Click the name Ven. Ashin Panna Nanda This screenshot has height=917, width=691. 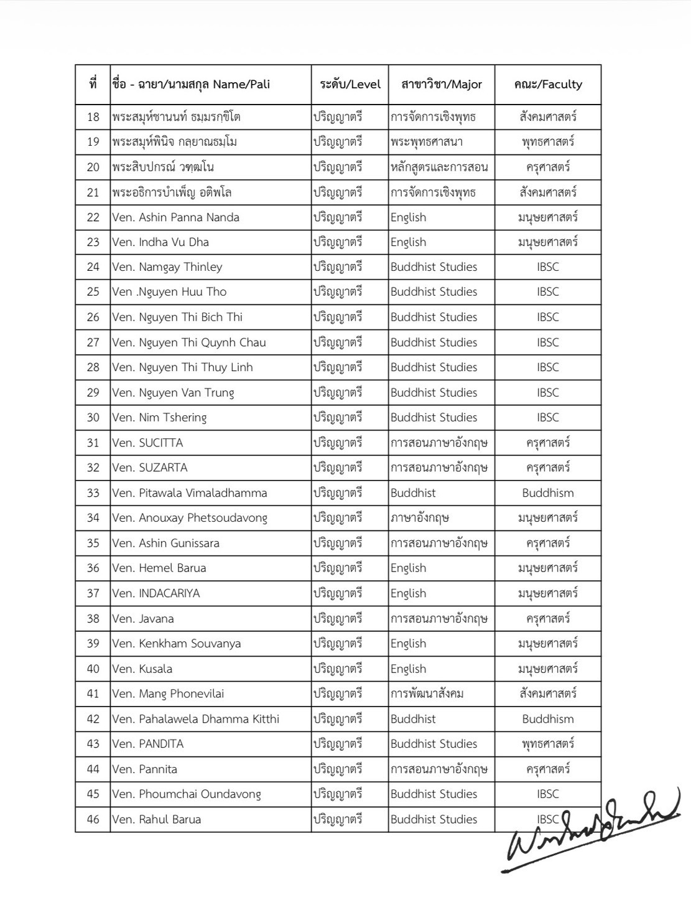[175, 217]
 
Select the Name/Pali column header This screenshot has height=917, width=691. [191, 84]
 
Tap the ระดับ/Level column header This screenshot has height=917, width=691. [350, 84]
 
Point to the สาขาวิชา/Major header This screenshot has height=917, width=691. [442, 84]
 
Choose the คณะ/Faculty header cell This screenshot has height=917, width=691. [548, 84]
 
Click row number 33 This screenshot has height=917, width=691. [93, 493]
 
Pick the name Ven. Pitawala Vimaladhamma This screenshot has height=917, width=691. [189, 493]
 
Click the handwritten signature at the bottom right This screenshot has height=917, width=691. [591, 832]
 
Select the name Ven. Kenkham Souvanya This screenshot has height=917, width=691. [176, 644]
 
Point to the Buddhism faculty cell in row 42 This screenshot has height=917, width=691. [548, 719]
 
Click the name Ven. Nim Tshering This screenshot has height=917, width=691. [159, 418]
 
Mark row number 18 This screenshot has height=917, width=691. [93, 117]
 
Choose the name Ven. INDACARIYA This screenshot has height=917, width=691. [156, 593]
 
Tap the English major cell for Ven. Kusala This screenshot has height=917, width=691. [409, 669]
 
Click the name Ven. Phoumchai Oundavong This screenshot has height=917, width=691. [187, 794]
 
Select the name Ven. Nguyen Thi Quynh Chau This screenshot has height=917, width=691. [188, 342]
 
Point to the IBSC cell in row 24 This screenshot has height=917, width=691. [548, 267]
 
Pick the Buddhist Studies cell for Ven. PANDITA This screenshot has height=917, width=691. [434, 744]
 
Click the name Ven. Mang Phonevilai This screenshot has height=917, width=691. [168, 694]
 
